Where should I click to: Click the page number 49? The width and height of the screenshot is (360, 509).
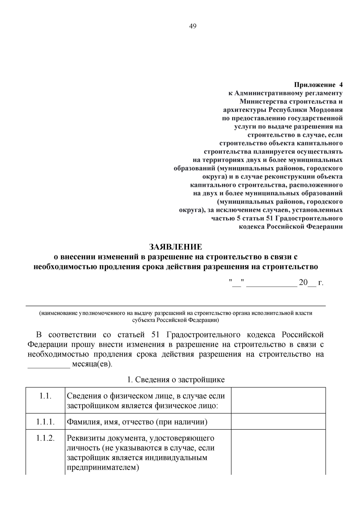tap(193, 26)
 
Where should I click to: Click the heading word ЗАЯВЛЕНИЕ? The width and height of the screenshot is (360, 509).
tap(176, 247)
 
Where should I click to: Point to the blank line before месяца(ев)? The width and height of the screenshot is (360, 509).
tap(49, 365)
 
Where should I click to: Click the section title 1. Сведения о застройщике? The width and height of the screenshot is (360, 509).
tap(176, 379)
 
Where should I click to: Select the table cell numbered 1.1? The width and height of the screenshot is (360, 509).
tap(45, 396)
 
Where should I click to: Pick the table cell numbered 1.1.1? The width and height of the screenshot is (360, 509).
tap(45, 422)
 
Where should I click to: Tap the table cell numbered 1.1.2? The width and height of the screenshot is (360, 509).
tap(45, 438)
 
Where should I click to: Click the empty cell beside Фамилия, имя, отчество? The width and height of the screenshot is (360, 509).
tap(278, 422)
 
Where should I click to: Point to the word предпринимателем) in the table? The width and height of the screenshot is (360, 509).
tap(103, 467)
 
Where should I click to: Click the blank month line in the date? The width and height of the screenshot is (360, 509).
tap(271, 283)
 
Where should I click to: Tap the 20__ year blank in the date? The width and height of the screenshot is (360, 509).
tap(307, 283)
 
